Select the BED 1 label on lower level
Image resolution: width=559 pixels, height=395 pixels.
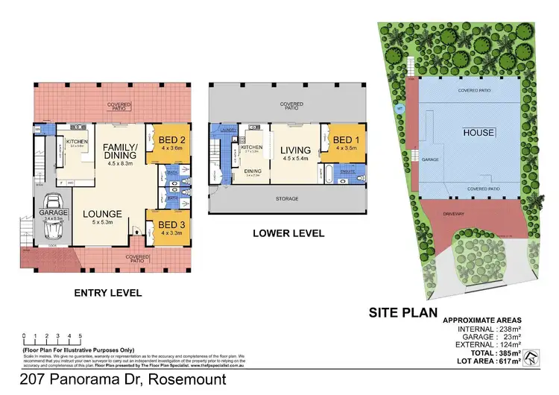[345, 139]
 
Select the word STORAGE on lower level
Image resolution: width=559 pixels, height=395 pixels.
[287, 199]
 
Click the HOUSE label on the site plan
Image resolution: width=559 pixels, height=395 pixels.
[478, 133]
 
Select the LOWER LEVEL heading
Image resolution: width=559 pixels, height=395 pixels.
[288, 233]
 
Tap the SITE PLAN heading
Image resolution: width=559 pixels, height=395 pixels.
[402, 312]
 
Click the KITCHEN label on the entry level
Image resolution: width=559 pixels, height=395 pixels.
[78, 142]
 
